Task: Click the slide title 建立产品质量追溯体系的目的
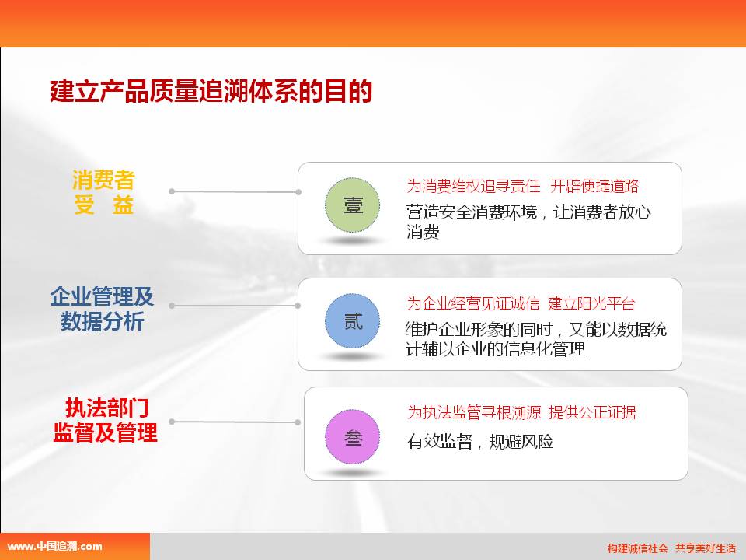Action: tap(211, 91)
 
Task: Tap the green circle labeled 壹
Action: tap(353, 205)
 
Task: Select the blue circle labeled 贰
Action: tap(353, 321)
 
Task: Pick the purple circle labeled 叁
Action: tap(353, 436)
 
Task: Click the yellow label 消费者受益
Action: tap(103, 192)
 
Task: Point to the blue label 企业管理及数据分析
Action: tap(103, 309)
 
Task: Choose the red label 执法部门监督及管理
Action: tap(105, 420)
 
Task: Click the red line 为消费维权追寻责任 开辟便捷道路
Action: tap(522, 186)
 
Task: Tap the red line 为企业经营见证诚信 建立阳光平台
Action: tap(521, 303)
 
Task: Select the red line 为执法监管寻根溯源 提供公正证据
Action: tap(521, 412)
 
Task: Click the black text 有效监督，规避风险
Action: tap(480, 442)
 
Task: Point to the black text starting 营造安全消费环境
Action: tap(528, 222)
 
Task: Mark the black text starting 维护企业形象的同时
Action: tap(536, 339)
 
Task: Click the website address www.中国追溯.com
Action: tap(54, 547)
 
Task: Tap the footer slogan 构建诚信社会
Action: tap(637, 548)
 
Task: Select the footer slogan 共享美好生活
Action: tap(706, 548)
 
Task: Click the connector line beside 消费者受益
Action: tap(235, 192)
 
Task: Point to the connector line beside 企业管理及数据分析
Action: tap(235, 306)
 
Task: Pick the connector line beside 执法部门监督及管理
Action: tap(235, 422)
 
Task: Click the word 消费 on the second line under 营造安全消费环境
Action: tap(423, 232)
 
